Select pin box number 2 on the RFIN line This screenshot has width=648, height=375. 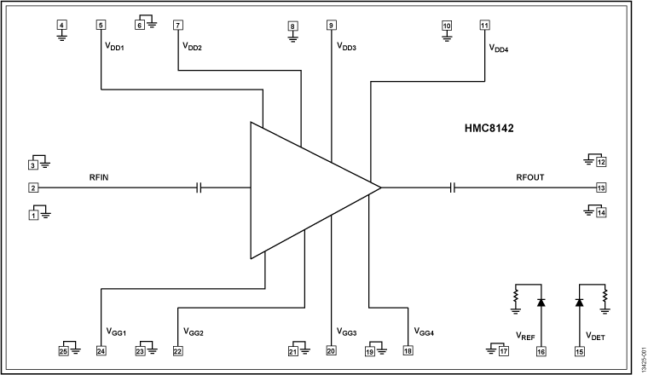tap(34, 187)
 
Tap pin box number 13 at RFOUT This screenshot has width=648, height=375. tap(600, 187)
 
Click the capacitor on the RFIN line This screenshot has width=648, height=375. tap(200, 187)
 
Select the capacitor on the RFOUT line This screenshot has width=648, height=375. tap(454, 187)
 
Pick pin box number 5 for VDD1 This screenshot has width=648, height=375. tap(101, 25)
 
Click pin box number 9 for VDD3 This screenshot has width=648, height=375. tap(331, 25)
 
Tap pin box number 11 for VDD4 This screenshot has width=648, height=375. tap(484, 25)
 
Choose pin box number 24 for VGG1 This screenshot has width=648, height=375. tap(101, 350)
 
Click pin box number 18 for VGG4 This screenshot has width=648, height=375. tap(408, 350)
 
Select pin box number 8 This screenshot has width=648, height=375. tap(292, 26)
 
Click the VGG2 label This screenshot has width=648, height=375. tap(194, 332)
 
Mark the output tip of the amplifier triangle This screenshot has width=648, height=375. tap(379, 187)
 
